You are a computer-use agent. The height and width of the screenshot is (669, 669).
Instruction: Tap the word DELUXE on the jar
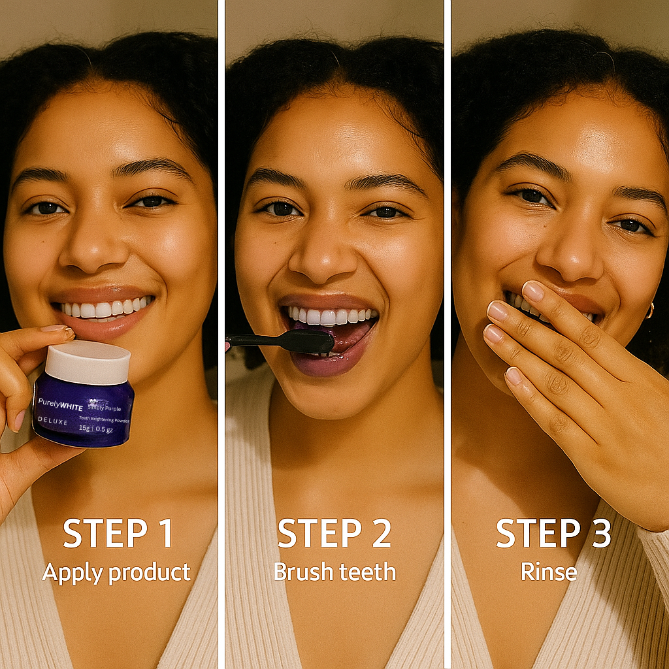53,422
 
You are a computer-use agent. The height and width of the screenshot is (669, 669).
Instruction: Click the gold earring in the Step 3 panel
649,310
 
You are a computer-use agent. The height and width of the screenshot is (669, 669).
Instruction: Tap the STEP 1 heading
118,534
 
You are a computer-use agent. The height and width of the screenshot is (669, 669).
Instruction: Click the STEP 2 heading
334,534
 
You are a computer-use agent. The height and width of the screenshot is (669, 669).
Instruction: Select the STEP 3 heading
553,534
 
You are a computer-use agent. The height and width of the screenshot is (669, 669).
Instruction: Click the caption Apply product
116,572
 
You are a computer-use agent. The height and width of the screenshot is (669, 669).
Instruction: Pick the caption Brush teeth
334,572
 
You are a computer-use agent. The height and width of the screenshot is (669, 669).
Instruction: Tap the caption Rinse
549,572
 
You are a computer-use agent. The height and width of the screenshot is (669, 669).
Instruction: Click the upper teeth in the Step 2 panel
330,317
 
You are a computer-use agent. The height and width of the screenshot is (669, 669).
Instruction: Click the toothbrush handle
258,340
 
